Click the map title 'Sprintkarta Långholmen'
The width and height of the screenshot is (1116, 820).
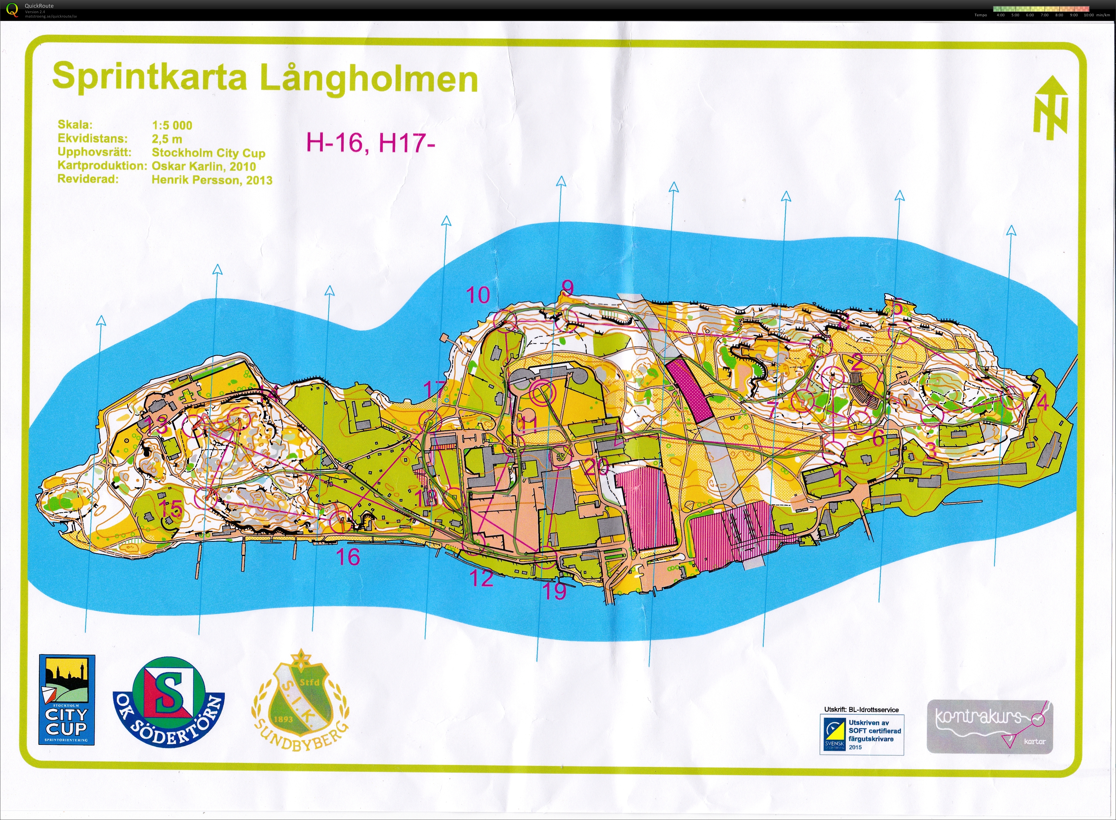click(265, 78)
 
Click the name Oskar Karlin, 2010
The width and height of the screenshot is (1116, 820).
click(203, 166)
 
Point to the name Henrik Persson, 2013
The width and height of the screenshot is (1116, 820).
click(212, 180)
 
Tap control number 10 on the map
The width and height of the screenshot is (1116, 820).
click(478, 295)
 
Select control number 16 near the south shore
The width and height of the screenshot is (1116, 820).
click(348, 557)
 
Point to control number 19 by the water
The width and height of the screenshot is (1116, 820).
click(554, 591)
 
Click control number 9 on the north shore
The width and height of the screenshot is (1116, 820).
click(567, 287)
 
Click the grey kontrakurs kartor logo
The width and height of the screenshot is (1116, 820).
click(989, 726)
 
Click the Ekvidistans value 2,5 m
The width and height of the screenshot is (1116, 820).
click(167, 139)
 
